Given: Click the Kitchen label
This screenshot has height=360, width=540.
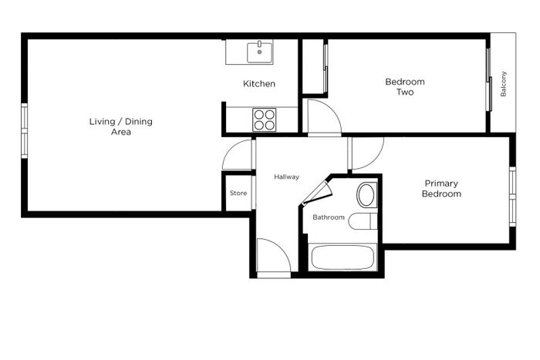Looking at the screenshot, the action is coord(259,83).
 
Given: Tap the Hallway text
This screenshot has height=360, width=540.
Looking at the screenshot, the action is coord(286,177).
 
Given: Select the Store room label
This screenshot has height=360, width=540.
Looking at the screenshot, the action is coord(238,193).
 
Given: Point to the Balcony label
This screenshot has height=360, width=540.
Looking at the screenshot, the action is coord(503,84).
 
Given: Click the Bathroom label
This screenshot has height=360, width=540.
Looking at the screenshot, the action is coord(329,217).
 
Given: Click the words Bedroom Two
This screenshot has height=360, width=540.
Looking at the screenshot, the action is coord(405,87).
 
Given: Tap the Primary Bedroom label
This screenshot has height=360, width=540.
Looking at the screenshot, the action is coord(441,188).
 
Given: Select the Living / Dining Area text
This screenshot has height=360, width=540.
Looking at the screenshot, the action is coord(121,126).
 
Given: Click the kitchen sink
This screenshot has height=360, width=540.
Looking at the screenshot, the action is coord(260,52).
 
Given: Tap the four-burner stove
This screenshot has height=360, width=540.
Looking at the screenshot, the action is coord(264,119).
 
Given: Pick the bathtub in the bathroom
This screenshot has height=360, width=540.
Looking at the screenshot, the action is coord(343,257).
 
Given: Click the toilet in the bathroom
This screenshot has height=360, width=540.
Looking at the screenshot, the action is coord(363,221).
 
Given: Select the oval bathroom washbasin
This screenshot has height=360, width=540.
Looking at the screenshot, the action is coord(366,195).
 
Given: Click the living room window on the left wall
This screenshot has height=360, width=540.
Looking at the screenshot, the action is coord(25,131).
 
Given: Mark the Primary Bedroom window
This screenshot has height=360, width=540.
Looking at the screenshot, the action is coord(512,197).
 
